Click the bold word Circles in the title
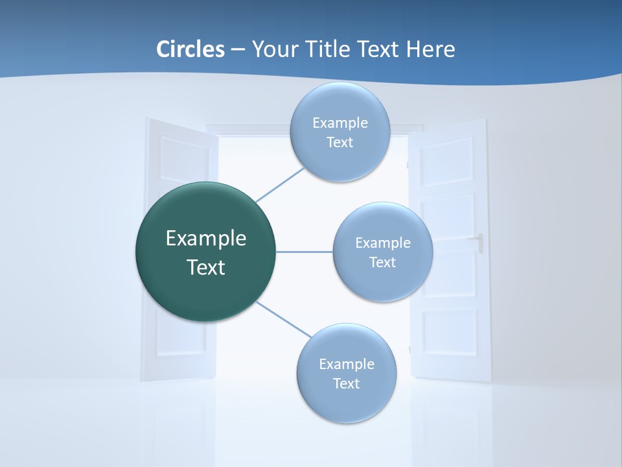[x=190, y=49]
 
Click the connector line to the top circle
[x=280, y=184]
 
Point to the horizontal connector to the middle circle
[x=304, y=252]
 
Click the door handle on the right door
[x=480, y=243]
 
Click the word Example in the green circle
[x=205, y=238]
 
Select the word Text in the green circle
[x=205, y=267]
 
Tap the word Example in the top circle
[x=340, y=123]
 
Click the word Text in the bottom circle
[x=346, y=383]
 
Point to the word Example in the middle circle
[x=382, y=243]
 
